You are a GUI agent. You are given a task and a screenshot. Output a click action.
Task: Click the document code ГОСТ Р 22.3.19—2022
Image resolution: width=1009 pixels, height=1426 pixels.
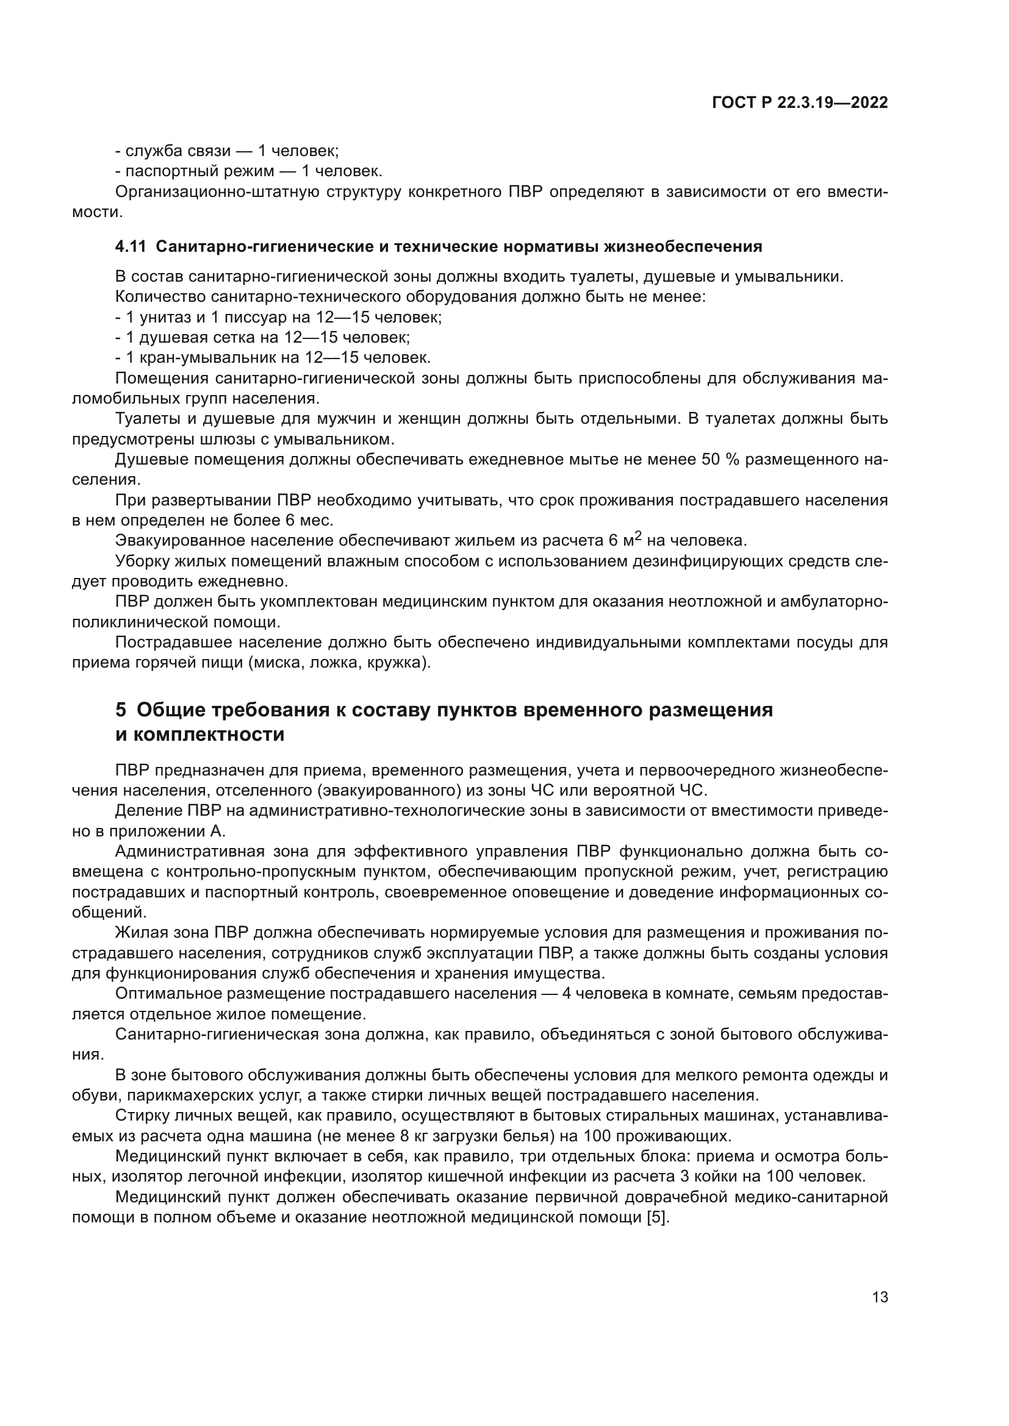[800, 103]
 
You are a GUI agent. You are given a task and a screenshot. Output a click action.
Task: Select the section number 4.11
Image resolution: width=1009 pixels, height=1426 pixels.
[130, 246]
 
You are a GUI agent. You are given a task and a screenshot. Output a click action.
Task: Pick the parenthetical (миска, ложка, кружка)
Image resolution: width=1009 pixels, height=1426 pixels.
[339, 663]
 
